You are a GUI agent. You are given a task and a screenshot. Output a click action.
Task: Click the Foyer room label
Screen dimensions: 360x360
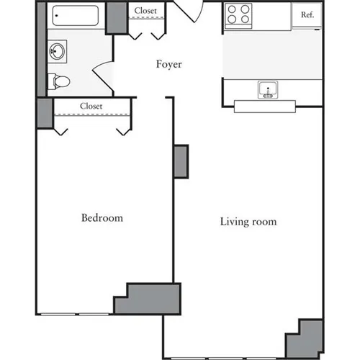click(x=170, y=64)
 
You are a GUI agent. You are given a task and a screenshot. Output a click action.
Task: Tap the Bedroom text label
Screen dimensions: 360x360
click(x=102, y=217)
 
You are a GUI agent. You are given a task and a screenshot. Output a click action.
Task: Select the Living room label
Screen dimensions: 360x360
click(x=248, y=221)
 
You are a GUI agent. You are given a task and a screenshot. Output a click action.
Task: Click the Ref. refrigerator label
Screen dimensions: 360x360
click(x=306, y=14)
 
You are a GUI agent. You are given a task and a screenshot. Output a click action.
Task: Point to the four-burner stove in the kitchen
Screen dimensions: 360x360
click(x=239, y=14)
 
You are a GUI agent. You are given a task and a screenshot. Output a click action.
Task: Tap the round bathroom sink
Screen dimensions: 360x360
click(x=55, y=51)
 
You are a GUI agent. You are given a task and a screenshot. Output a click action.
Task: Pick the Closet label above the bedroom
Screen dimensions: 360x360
click(x=91, y=106)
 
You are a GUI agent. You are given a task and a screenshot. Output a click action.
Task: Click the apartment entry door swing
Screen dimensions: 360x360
click(x=189, y=11)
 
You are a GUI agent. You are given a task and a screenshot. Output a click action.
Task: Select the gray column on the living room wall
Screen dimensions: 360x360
click(x=181, y=161)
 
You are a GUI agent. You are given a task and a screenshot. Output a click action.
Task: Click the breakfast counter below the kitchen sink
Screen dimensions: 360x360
click(x=265, y=106)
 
